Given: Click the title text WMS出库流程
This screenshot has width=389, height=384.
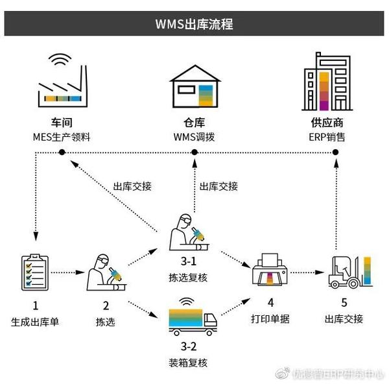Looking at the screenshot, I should point(194,25).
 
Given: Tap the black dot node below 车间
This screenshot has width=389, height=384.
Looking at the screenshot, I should point(62,152).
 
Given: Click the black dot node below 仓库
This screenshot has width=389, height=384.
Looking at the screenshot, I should point(194,152).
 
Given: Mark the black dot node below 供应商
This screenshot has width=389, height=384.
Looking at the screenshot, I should point(335,152).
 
